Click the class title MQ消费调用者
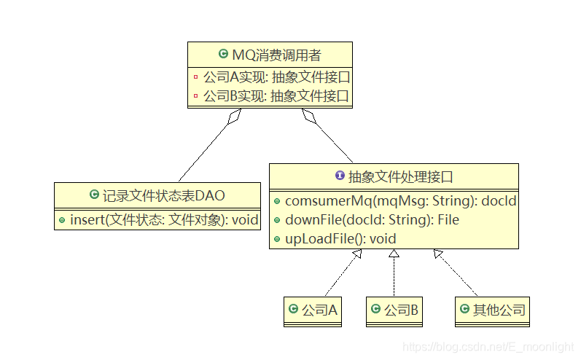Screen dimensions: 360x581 [276, 55]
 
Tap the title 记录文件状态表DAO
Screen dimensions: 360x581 [163, 195]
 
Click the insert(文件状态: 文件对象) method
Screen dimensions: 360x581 [164, 219]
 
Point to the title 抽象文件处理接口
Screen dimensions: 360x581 [401, 176]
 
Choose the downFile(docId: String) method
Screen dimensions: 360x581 [372, 219]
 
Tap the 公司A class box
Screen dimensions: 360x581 [313, 310]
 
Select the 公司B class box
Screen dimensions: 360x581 [394, 310]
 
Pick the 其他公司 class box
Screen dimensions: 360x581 [492, 310]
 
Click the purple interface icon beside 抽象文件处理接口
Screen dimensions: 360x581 [339, 176]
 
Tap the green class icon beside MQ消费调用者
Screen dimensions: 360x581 [223, 55]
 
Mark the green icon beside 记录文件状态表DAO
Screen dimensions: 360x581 [93, 195]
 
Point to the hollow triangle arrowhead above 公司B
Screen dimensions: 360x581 [394, 254]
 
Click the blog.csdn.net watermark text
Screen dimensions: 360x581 [488, 347]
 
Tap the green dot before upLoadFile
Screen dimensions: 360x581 [278, 238]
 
